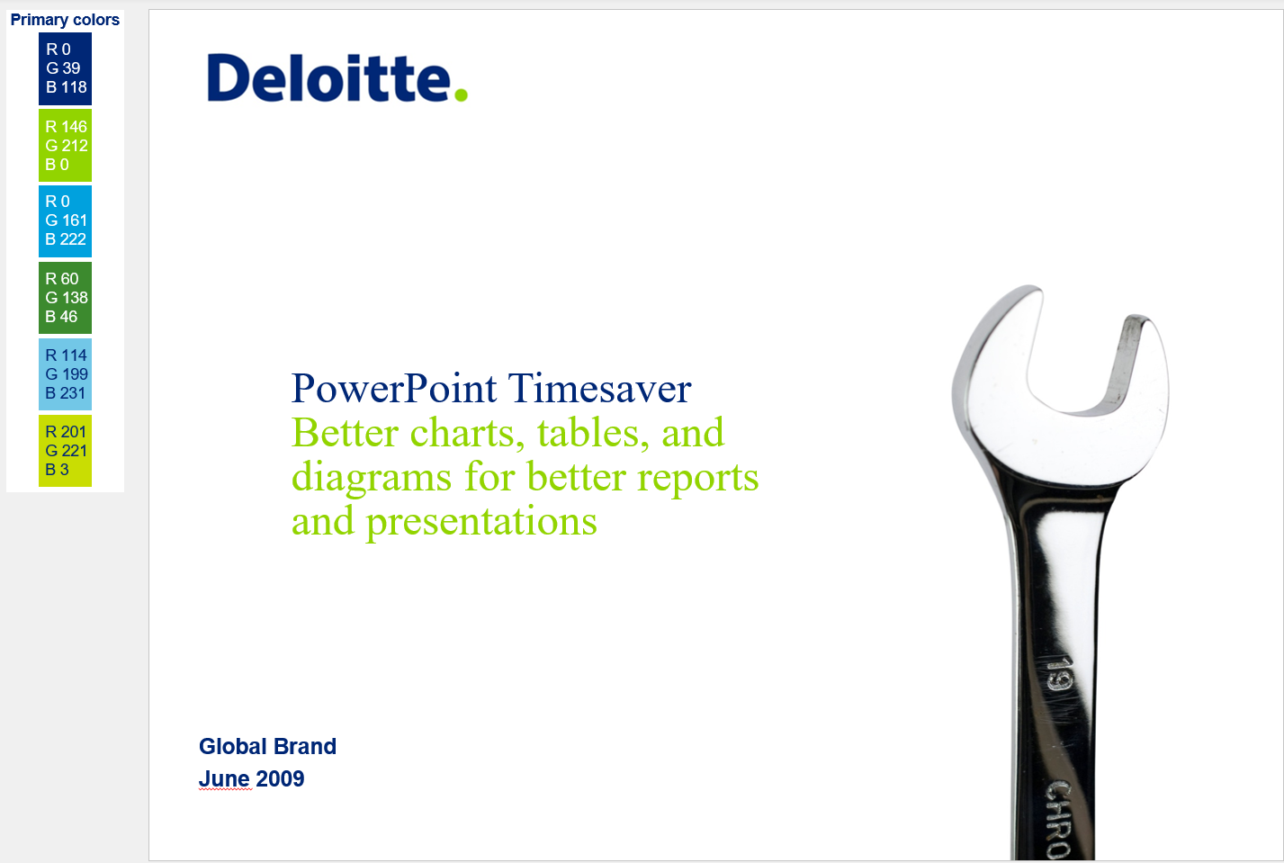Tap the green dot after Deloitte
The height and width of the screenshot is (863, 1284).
point(461,94)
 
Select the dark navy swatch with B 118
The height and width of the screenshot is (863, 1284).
point(66,68)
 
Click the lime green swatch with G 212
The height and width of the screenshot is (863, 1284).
point(66,145)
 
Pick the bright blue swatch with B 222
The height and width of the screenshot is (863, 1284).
point(66,221)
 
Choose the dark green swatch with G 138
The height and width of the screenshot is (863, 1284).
point(66,298)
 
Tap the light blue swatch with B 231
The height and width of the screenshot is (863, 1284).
point(66,374)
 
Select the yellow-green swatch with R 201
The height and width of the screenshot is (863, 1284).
point(66,451)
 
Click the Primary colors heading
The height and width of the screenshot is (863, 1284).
point(65,20)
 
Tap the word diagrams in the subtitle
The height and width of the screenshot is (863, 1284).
point(372,479)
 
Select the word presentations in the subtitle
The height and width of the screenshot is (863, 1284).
point(481,523)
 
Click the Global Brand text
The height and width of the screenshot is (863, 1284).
point(268,747)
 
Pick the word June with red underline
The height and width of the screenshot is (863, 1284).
point(224,779)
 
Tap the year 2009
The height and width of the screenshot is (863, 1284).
point(280,779)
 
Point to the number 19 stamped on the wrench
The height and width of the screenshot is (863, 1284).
point(1058,677)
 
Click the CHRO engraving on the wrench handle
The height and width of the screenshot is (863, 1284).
point(1058,820)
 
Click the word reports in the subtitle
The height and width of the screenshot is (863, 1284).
point(697,479)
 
